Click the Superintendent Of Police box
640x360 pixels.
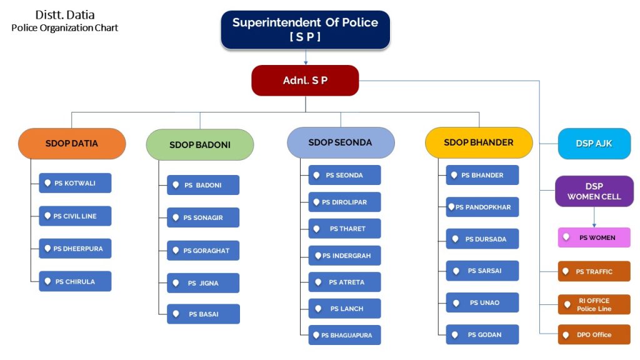click(x=305, y=29)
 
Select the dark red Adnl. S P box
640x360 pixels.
click(x=305, y=81)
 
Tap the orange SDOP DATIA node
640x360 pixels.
click(x=72, y=144)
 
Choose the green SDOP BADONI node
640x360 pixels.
click(x=200, y=145)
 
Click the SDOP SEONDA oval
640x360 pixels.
click(x=341, y=142)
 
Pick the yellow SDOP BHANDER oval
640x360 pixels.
click(x=479, y=142)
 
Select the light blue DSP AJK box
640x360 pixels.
click(x=594, y=144)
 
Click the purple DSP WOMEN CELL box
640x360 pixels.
click(x=594, y=191)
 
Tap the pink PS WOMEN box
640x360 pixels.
click(x=594, y=237)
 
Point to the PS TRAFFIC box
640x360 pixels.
click(x=594, y=271)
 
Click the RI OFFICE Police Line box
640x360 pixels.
click(x=594, y=304)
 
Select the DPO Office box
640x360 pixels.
click(x=594, y=334)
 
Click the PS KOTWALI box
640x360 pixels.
click(x=75, y=183)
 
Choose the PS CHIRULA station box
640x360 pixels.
click(x=75, y=281)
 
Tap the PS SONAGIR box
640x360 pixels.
click(x=203, y=217)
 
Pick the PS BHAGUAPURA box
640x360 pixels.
click(x=344, y=335)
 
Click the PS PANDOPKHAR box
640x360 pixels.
click(x=482, y=207)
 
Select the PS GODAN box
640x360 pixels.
click(x=482, y=334)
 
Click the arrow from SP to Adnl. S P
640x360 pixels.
click(x=306, y=57)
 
